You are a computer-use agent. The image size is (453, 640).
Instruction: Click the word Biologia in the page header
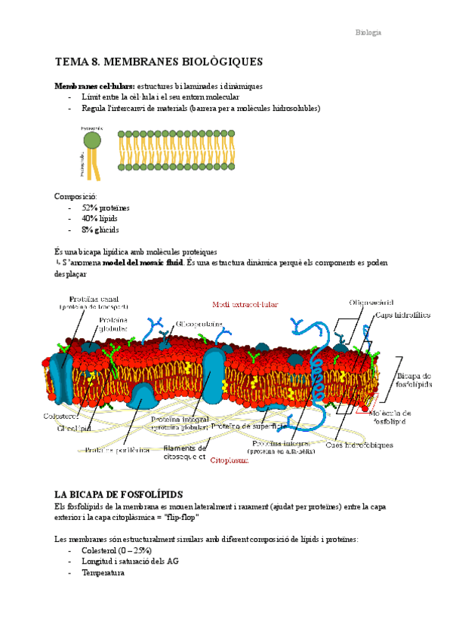point(368,32)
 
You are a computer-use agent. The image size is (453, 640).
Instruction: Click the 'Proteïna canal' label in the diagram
point(94,300)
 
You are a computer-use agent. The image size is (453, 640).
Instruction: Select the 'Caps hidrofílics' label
point(402,315)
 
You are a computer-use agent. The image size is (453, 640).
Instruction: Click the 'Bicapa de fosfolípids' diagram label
point(414,380)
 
